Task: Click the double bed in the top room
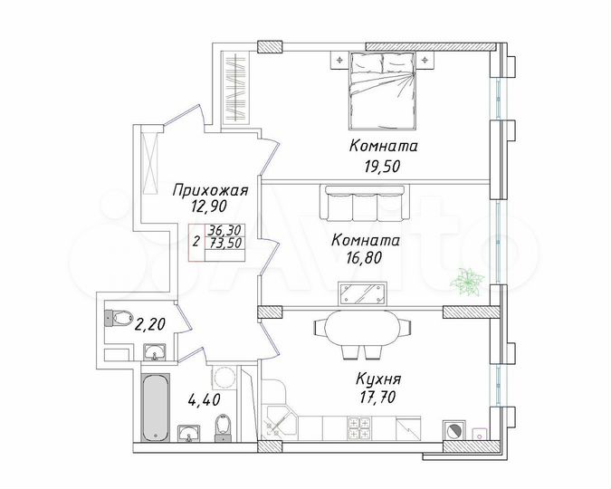380,91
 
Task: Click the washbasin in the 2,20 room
153,353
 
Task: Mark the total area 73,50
223,243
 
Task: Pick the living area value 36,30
223,231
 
